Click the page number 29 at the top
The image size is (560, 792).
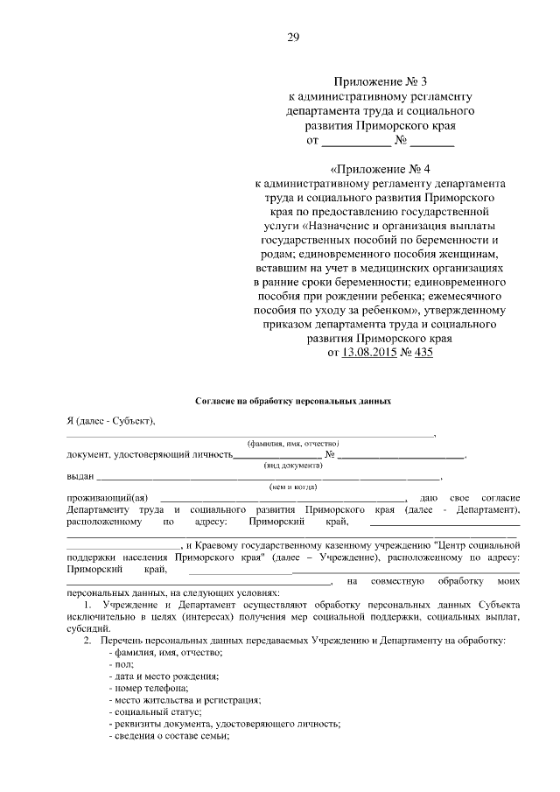(293, 36)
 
